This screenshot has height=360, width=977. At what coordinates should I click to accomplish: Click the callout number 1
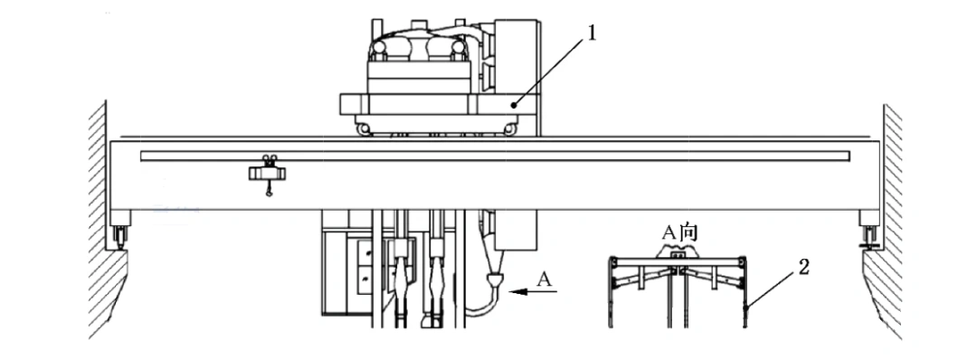(591, 33)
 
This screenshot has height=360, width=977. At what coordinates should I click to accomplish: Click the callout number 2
(804, 267)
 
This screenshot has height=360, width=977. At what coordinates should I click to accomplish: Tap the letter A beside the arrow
(545, 279)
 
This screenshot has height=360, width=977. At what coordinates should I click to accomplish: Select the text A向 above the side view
(679, 233)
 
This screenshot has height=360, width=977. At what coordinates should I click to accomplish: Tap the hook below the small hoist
(269, 192)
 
